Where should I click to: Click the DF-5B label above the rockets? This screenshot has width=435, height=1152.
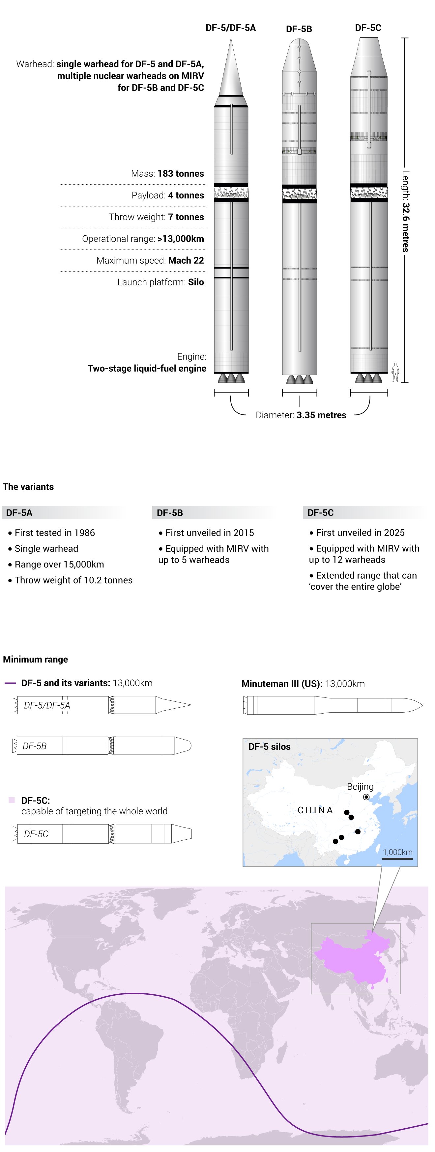coord(299,29)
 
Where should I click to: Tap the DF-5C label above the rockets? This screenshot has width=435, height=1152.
coord(368,28)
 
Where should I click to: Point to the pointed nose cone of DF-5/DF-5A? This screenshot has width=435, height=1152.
coord(231,67)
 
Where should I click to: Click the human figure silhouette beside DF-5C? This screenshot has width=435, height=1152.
coord(395,372)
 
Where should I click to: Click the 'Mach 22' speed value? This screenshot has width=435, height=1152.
coord(186,260)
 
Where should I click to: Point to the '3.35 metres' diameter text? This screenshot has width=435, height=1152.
coord(321,415)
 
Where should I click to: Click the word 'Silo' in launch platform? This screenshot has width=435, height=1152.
coord(196,282)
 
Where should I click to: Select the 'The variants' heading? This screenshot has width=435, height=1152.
coord(28,486)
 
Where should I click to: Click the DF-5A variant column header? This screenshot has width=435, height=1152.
coord(19,512)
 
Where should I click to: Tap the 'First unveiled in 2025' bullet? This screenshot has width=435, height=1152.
coord(360,533)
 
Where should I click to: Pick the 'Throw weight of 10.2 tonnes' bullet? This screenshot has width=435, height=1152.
coord(73,580)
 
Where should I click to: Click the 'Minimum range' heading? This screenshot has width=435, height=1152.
coord(35,659)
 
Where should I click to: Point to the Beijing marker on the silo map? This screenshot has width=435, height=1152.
coord(366,797)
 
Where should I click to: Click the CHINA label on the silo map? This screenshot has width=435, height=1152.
coord(315,810)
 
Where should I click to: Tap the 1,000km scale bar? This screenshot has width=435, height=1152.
coord(397,859)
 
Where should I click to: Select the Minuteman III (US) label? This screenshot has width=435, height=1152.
coord(281,684)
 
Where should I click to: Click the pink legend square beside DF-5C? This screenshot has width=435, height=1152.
coord(12,800)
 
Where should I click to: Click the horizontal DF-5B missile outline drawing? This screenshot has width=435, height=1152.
coord(102,746)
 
